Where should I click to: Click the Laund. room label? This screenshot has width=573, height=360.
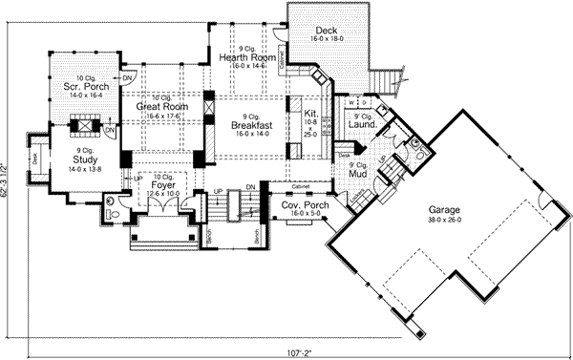(x=360, y=123)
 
